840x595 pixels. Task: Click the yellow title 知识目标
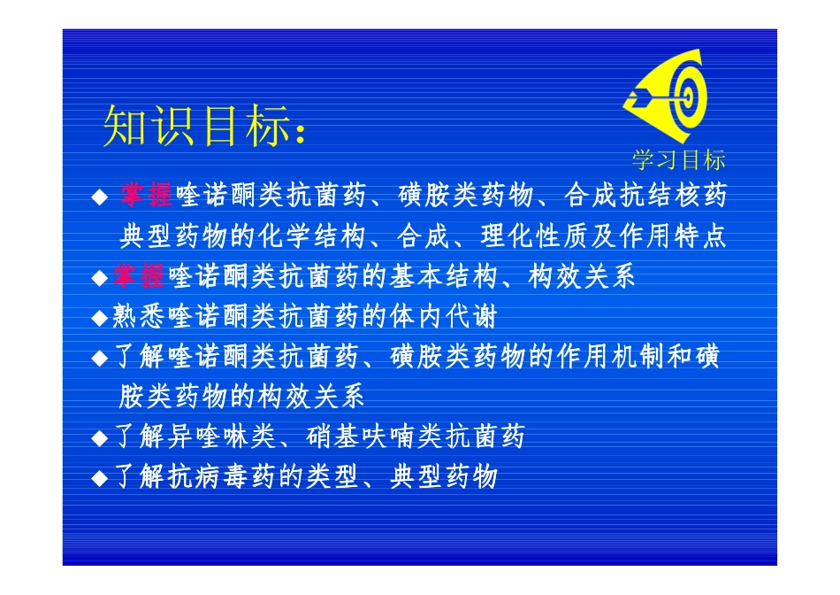(195, 127)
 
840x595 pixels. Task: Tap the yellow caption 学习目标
(678, 160)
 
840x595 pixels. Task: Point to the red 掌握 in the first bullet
(147, 196)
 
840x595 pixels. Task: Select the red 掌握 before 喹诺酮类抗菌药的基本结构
(140, 276)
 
